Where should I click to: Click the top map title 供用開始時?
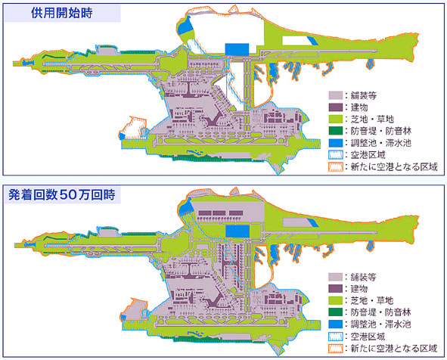pos(62,13)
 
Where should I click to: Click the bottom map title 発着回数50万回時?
pos(62,194)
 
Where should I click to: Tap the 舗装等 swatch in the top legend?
pos(336,95)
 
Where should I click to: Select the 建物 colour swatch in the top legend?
pos(336,107)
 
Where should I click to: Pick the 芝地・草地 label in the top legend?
pos(372,119)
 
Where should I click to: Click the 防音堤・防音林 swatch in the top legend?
pos(336,131)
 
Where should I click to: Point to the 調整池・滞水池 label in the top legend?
pos(381,143)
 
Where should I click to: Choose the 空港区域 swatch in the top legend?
pos(336,155)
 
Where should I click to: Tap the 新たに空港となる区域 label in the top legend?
pos(394,166)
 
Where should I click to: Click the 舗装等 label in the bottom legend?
pos(363,277)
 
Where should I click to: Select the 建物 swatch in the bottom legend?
pos(336,288)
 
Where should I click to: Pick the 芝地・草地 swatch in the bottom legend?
pos(336,300)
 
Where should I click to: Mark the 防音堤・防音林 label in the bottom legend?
pos(381,312)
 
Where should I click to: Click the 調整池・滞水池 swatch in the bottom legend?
pos(336,324)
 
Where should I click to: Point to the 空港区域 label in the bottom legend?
pos(368,337)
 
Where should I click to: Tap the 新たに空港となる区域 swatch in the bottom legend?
pos(336,349)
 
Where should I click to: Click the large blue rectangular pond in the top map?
pos(237,50)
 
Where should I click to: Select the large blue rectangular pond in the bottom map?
pos(237,231)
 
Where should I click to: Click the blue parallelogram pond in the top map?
pos(312,41)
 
